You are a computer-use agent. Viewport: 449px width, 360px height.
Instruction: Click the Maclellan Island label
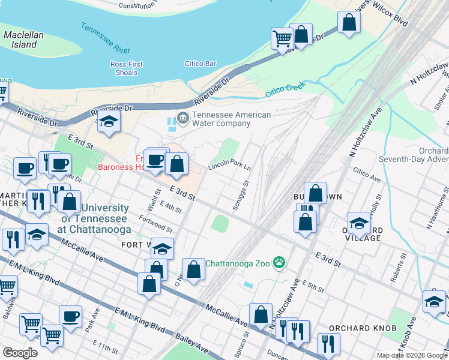[x=23, y=40]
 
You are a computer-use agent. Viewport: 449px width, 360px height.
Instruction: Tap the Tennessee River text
[x=106, y=37]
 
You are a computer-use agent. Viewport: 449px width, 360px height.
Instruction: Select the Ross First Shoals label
[x=127, y=68]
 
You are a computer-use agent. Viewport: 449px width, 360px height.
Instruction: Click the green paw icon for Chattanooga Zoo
[x=279, y=262]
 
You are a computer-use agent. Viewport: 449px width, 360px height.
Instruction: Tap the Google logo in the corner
[x=20, y=353]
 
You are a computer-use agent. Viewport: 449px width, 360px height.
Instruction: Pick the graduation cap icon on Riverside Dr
[x=108, y=122]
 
